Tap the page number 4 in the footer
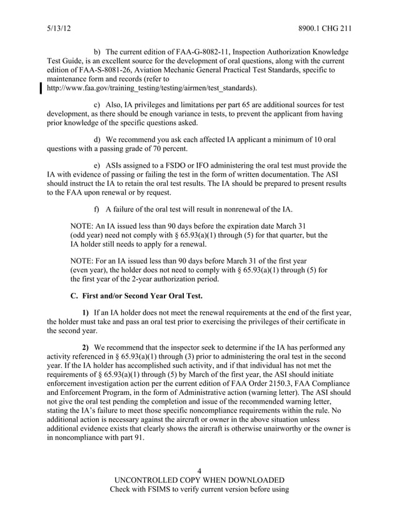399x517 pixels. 199,470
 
